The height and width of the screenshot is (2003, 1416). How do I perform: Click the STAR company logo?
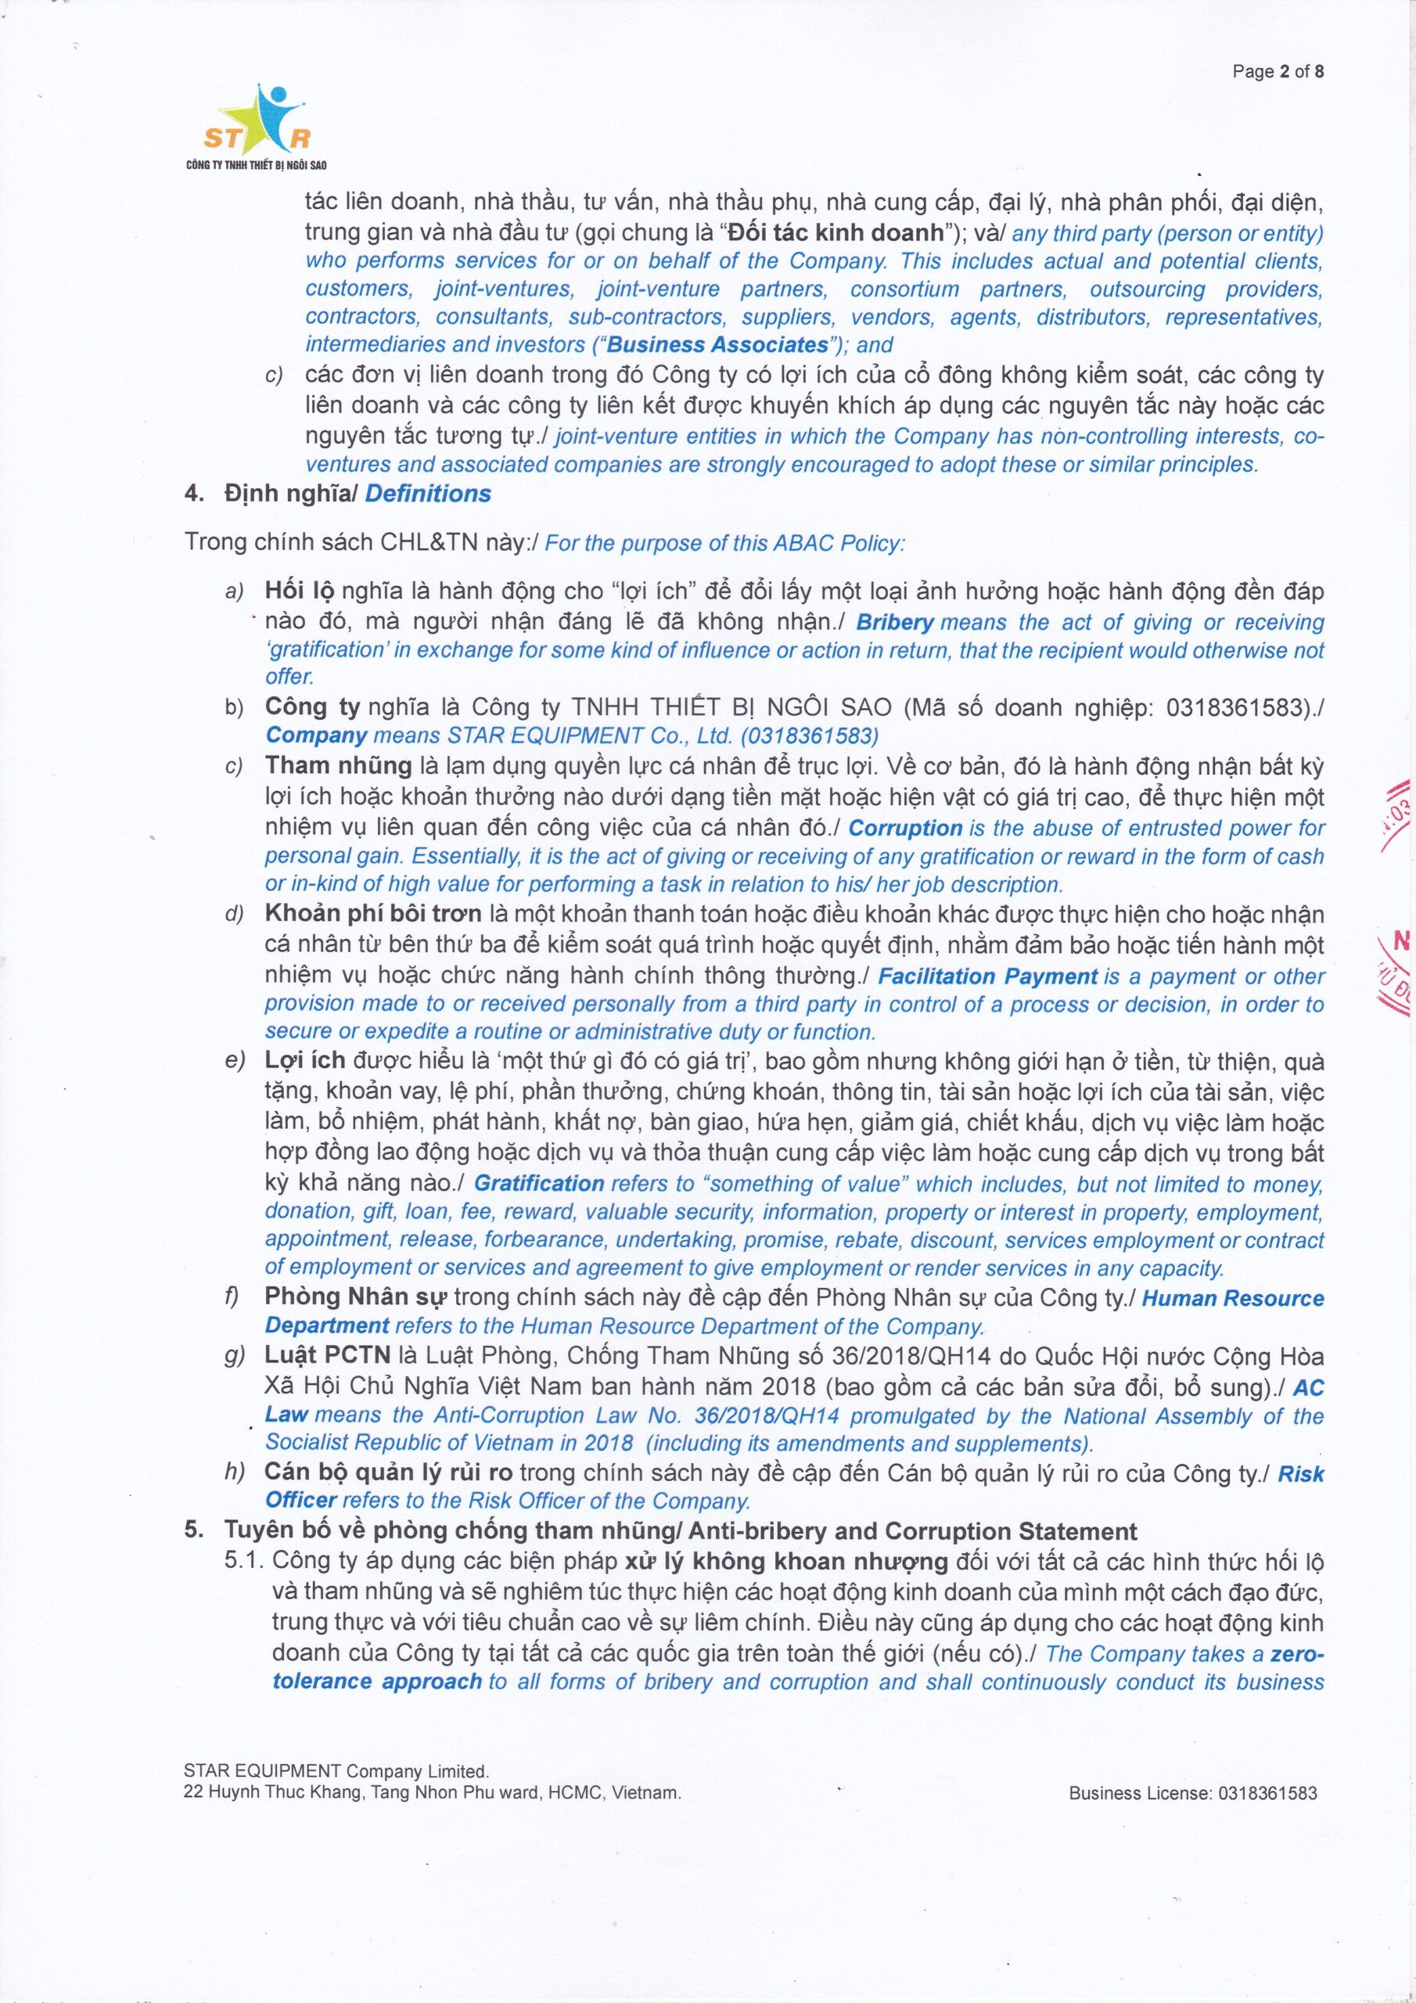pyautogui.click(x=257, y=128)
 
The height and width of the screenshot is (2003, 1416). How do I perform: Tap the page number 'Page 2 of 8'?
pyautogui.click(x=1278, y=71)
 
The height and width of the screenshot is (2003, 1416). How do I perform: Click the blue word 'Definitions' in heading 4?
pyautogui.click(x=427, y=494)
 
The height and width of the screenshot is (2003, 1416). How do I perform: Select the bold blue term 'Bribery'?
pyautogui.click(x=895, y=623)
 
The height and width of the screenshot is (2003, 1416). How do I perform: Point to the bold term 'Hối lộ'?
pyautogui.click(x=300, y=592)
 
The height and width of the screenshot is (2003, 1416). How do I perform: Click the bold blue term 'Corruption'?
pyautogui.click(x=904, y=828)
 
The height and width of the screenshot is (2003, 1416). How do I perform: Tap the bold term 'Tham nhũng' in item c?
pyautogui.click(x=339, y=766)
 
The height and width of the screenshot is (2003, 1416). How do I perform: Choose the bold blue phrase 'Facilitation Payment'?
pyautogui.click(x=987, y=976)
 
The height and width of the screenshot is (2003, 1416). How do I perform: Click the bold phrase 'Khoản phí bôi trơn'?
pyautogui.click(x=373, y=915)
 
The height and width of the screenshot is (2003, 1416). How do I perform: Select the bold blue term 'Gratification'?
pyautogui.click(x=539, y=1183)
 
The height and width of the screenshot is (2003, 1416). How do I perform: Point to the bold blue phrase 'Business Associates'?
pyautogui.click(x=717, y=344)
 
